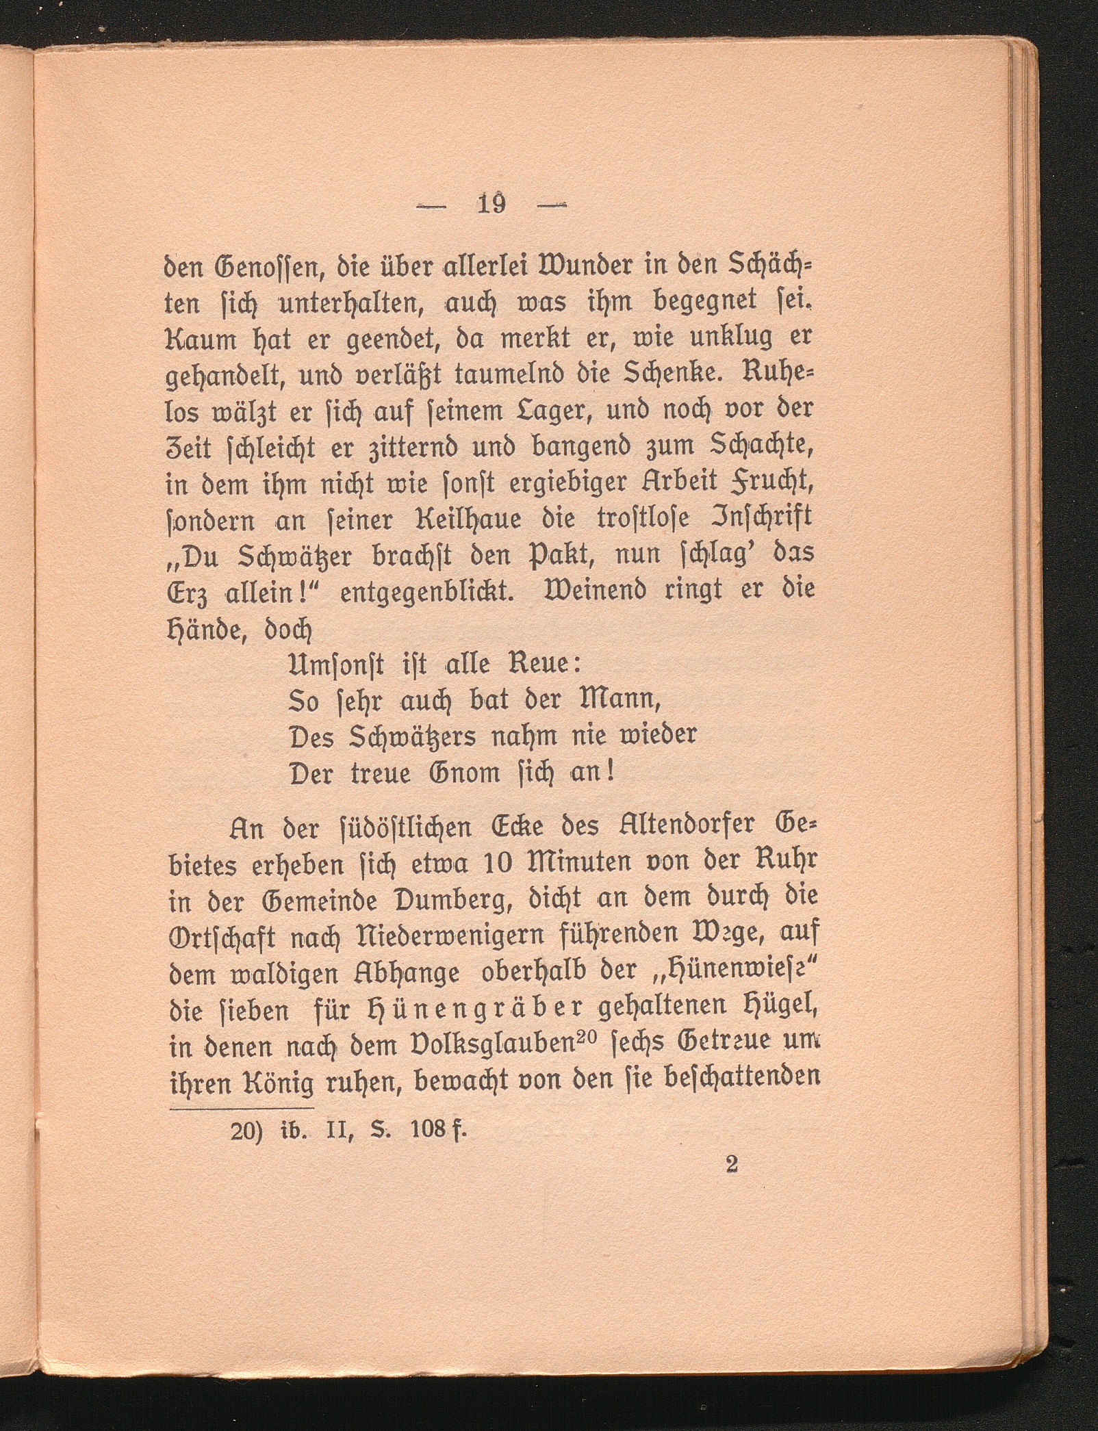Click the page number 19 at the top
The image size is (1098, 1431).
[492, 203]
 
